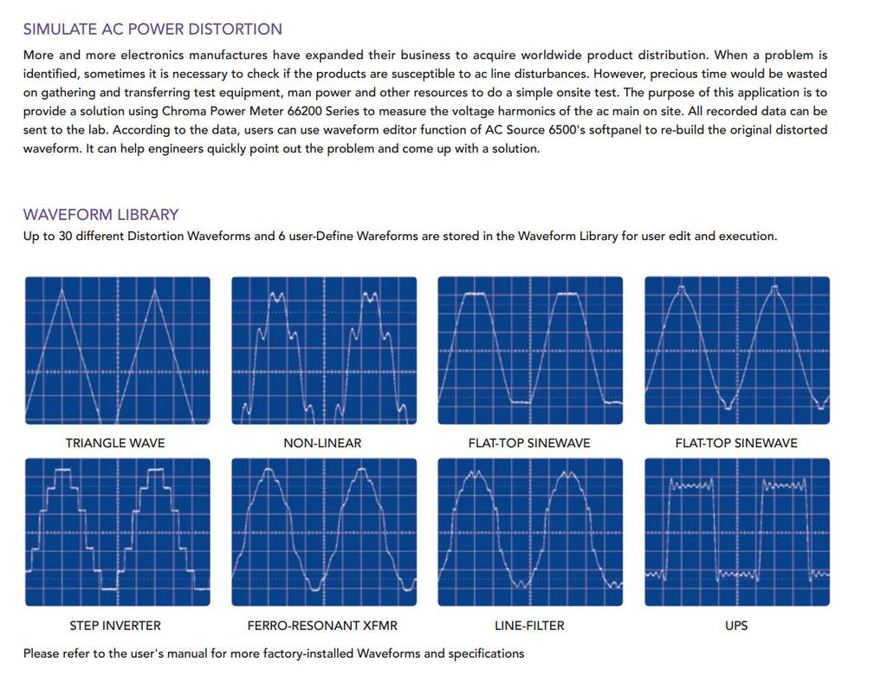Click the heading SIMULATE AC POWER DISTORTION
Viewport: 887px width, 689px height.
(x=152, y=29)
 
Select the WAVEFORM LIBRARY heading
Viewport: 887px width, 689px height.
(x=100, y=214)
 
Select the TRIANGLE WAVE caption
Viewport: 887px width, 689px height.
(x=115, y=443)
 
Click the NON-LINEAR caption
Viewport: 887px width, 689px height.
(x=322, y=443)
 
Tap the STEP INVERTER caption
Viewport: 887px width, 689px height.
(x=115, y=625)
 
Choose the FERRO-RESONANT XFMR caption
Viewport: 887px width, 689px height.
(x=322, y=625)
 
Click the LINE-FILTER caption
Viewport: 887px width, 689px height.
(x=529, y=625)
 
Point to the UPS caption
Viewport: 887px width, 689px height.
(x=736, y=625)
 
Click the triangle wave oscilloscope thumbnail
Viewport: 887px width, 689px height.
(x=117, y=350)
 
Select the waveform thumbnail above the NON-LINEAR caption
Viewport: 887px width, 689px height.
(x=324, y=350)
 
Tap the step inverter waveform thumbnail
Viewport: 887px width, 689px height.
(x=117, y=531)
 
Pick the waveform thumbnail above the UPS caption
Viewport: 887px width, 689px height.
(x=737, y=531)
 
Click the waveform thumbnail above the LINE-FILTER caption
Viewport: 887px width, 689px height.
(x=530, y=531)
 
